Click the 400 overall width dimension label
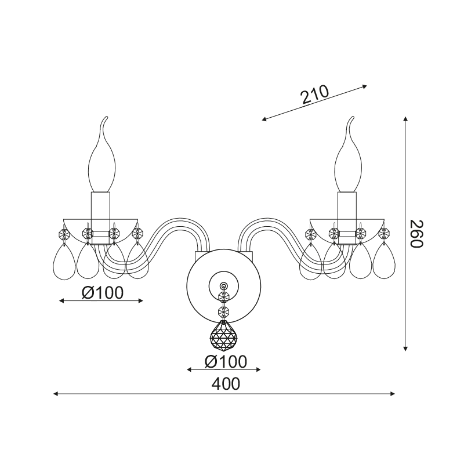pyautogui.click(x=226, y=385)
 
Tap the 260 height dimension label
pyautogui.click(x=417, y=234)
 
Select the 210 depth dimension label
pyautogui.click(x=314, y=95)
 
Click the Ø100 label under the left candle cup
pyautogui.click(x=103, y=293)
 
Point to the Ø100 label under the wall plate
pyautogui.click(x=226, y=361)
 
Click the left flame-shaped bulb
pyautogui.click(x=102, y=154)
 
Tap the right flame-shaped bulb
pyautogui.click(x=348, y=154)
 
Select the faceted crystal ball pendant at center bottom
pyautogui.click(x=224, y=335)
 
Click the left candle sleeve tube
pyautogui.click(x=100, y=218)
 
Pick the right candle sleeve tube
pyautogui.click(x=347, y=218)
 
